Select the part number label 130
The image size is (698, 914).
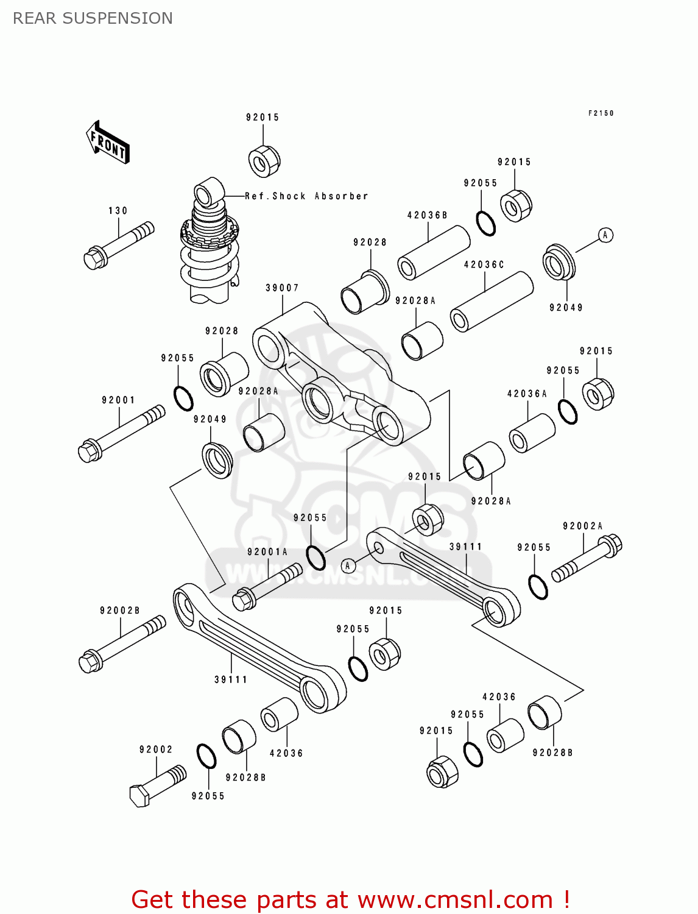click(118, 211)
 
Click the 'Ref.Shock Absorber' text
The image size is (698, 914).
click(306, 196)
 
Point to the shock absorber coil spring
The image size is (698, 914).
click(210, 262)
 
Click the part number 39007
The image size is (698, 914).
click(282, 288)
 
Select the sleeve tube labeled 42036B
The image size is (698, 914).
click(433, 252)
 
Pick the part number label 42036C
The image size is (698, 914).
click(484, 264)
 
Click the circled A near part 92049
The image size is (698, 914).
click(605, 235)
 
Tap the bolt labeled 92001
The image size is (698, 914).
click(121, 433)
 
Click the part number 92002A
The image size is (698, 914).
click(582, 526)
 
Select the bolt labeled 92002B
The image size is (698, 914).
click(122, 644)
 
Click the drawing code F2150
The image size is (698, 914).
click(601, 113)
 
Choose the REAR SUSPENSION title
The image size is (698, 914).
click(93, 18)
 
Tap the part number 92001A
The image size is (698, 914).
click(267, 552)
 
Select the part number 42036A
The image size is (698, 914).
click(527, 394)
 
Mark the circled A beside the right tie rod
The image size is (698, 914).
click(348, 565)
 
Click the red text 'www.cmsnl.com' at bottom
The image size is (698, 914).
click(454, 899)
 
